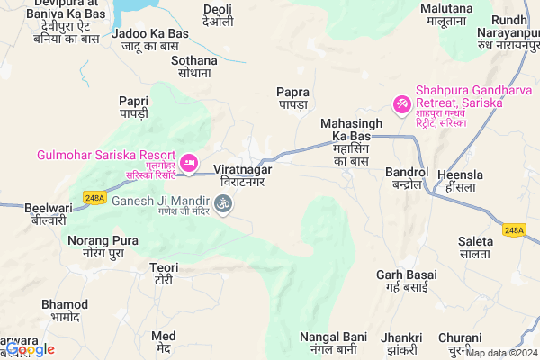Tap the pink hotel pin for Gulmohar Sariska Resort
(189, 163)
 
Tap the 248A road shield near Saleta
(514, 229)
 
